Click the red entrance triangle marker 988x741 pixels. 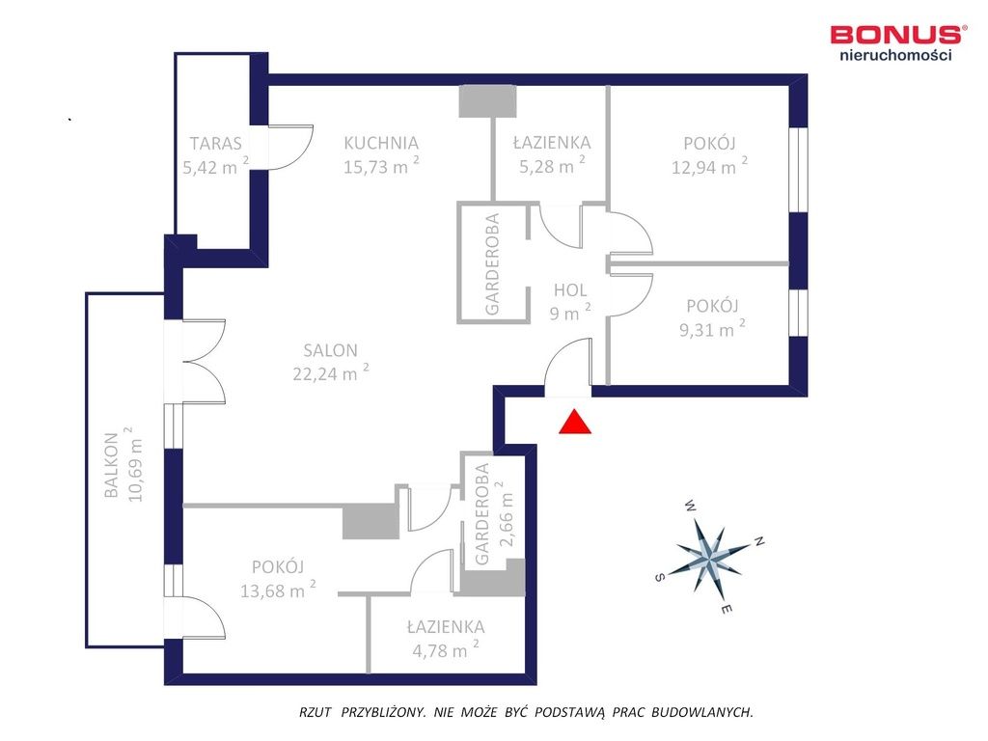575,423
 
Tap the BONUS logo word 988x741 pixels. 894,34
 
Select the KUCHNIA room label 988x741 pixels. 381,143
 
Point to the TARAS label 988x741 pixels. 215,144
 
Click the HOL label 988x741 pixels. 570,290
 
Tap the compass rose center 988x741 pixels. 710,557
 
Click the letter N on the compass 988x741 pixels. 759,541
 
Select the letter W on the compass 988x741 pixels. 691,506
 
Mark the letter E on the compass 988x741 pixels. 727,610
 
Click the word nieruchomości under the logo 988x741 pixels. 895,55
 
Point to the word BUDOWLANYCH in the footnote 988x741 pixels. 702,713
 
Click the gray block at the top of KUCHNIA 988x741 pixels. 487,101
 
